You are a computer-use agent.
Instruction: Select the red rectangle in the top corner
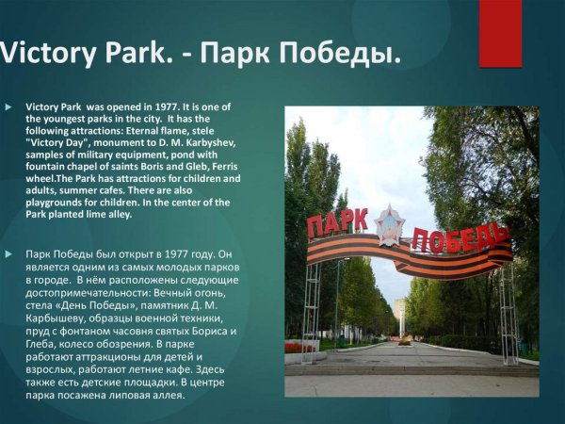click(499, 32)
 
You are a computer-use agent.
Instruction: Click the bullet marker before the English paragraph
click(8, 108)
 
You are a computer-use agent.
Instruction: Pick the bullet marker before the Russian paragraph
click(8, 254)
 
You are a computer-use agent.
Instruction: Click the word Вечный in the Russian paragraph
click(161, 291)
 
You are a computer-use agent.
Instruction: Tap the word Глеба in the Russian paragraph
click(44, 344)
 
